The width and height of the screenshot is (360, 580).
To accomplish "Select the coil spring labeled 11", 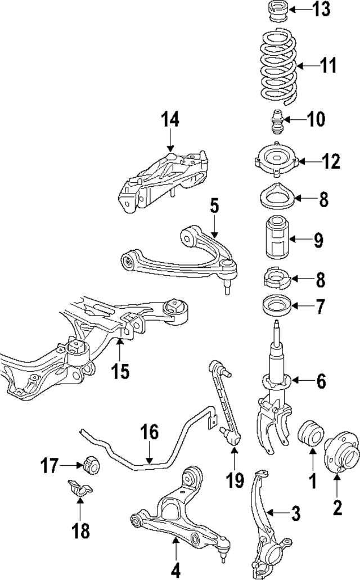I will pos(278,68).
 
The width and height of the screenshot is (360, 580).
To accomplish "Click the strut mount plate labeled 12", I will pos(276,161).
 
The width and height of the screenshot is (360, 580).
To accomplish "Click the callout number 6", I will pos(321,381).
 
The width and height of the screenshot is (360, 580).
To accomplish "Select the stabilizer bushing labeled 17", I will pos(91,466).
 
